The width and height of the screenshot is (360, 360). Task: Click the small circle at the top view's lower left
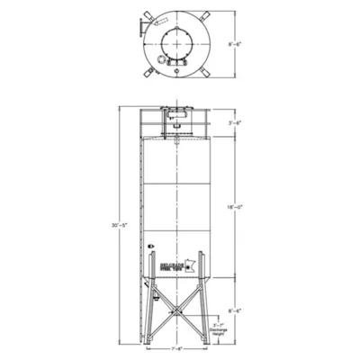point(160,61)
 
